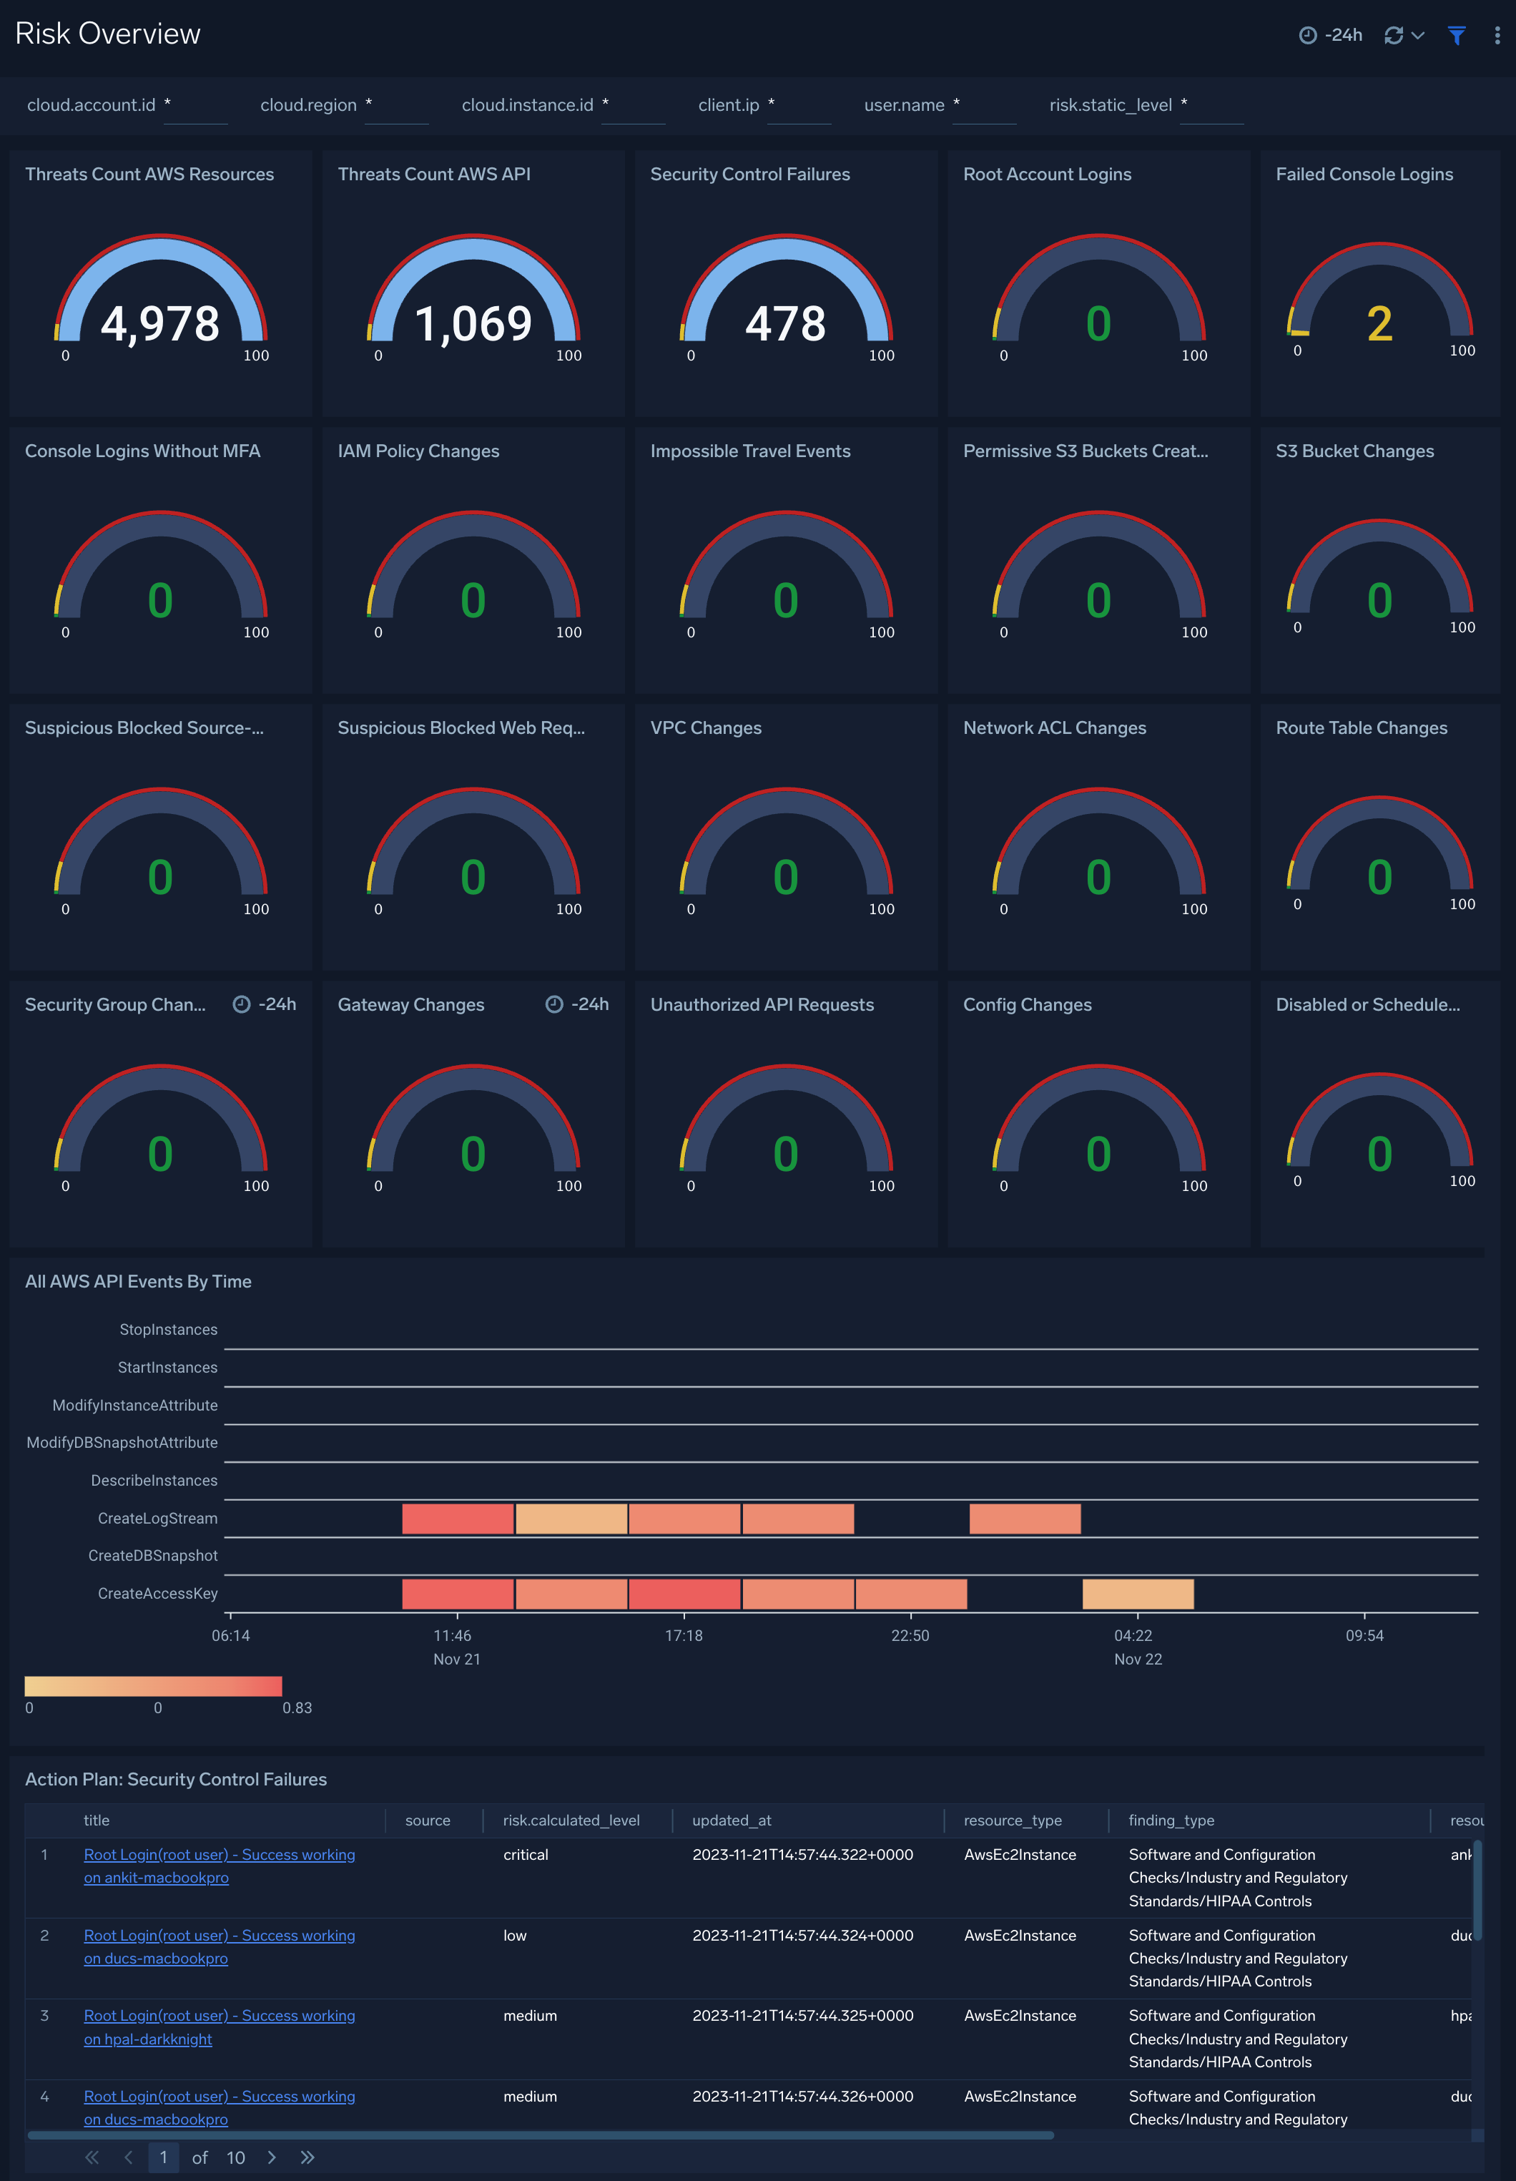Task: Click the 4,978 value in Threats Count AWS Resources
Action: tap(159, 324)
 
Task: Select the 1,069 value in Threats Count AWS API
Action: tap(473, 324)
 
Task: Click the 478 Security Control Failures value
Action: tap(786, 324)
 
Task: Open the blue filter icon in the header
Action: tap(1455, 35)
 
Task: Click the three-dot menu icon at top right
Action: tap(1497, 35)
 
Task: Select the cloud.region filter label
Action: tap(307, 105)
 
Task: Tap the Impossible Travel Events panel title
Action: tap(749, 451)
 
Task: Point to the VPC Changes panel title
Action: tap(705, 727)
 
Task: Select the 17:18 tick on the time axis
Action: tap(683, 1634)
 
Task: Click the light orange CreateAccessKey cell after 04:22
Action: tap(1137, 1593)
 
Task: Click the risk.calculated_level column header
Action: tap(570, 1820)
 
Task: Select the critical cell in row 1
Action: tap(526, 1854)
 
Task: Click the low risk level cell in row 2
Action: tap(514, 1935)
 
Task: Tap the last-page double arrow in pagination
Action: tap(307, 2157)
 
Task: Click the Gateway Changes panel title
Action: tap(410, 1005)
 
